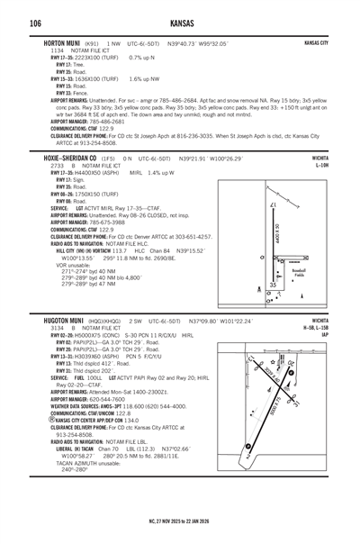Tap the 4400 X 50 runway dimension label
277,239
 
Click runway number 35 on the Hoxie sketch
274,286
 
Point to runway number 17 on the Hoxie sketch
273,206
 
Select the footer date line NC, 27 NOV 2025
180,521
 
